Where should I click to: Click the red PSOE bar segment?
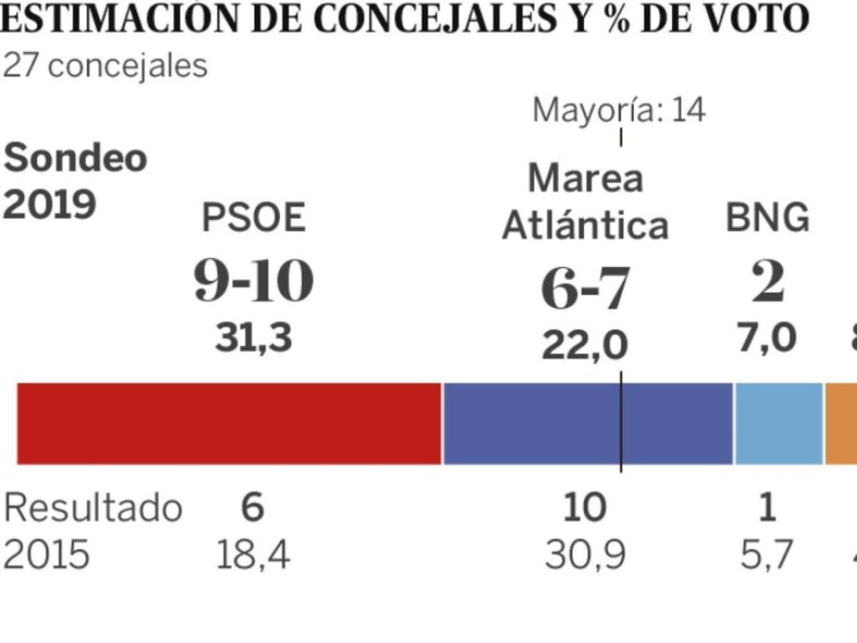click(229, 424)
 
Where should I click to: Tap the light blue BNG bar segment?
click(778, 424)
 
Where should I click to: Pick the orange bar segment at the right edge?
click(841, 424)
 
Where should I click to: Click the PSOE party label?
click(254, 219)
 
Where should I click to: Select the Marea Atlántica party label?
click(586, 202)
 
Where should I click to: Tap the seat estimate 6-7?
click(585, 289)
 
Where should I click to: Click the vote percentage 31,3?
click(254, 338)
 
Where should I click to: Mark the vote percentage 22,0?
click(585, 346)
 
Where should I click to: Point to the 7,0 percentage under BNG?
click(767, 337)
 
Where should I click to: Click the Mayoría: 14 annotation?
click(619, 111)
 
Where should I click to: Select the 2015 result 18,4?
click(254, 555)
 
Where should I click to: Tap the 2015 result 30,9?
click(585, 555)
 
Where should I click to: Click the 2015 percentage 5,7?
click(766, 555)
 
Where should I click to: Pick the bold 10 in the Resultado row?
click(585, 508)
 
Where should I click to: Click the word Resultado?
click(93, 508)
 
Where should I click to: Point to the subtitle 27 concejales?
click(105, 66)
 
